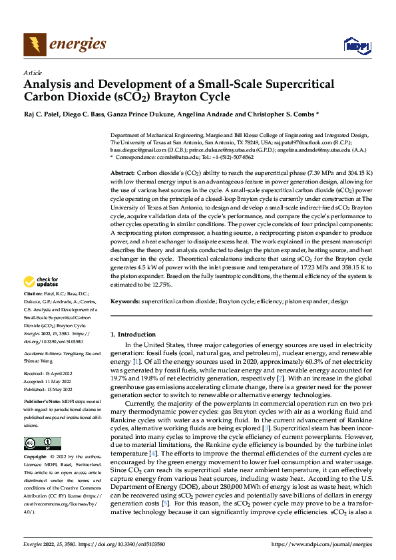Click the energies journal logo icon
(x=34, y=45)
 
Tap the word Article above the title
(x=32, y=72)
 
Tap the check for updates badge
(x=40, y=282)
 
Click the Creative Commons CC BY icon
(x=42, y=444)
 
